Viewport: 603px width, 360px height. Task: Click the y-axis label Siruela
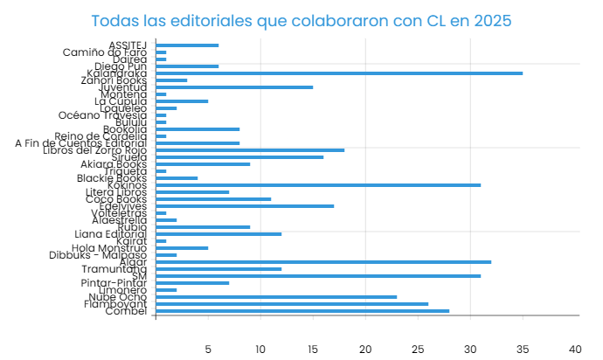127,157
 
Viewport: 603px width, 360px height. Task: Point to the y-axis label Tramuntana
114,269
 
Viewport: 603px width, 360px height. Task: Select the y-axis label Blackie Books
112,178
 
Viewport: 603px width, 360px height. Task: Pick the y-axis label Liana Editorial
110,234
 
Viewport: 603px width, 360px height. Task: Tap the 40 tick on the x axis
575,349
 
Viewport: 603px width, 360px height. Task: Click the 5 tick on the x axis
208,349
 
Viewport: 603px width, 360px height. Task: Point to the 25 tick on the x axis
418,349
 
